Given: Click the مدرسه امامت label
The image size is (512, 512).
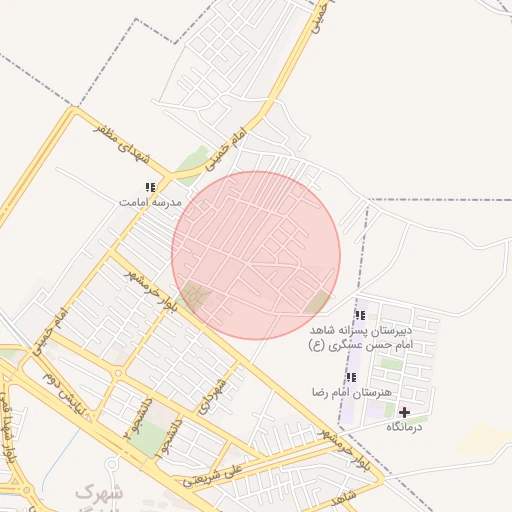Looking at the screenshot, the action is [x=150, y=202].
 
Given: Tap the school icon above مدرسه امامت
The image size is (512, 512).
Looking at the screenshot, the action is [x=150, y=187].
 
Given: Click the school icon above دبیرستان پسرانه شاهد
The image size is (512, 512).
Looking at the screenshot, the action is [x=360, y=316].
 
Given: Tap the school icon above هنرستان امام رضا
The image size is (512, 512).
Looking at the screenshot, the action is [x=351, y=377].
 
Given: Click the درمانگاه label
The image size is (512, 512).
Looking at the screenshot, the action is [x=405, y=427].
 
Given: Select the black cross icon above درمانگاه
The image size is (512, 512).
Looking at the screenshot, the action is [x=404, y=412].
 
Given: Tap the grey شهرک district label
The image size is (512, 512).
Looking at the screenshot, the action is [x=99, y=492].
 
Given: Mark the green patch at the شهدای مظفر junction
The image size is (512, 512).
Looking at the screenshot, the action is [x=191, y=160].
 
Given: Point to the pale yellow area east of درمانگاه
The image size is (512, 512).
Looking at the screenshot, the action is [x=486, y=436].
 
